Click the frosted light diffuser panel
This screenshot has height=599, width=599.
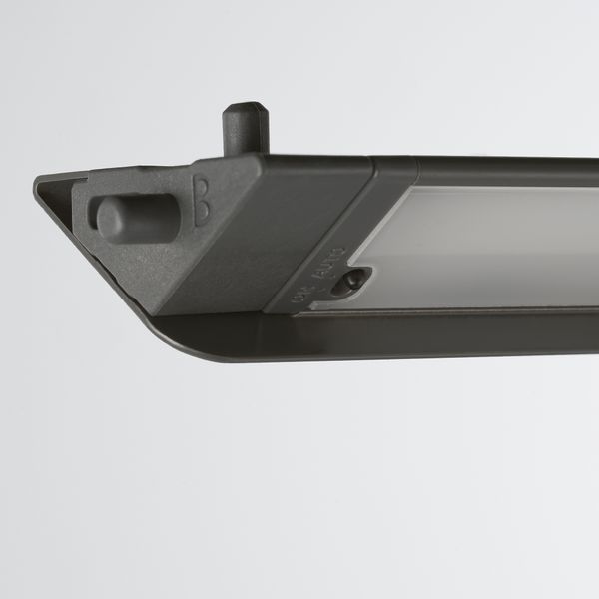click(x=489, y=245)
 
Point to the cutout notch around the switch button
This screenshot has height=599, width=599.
click(x=351, y=280)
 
